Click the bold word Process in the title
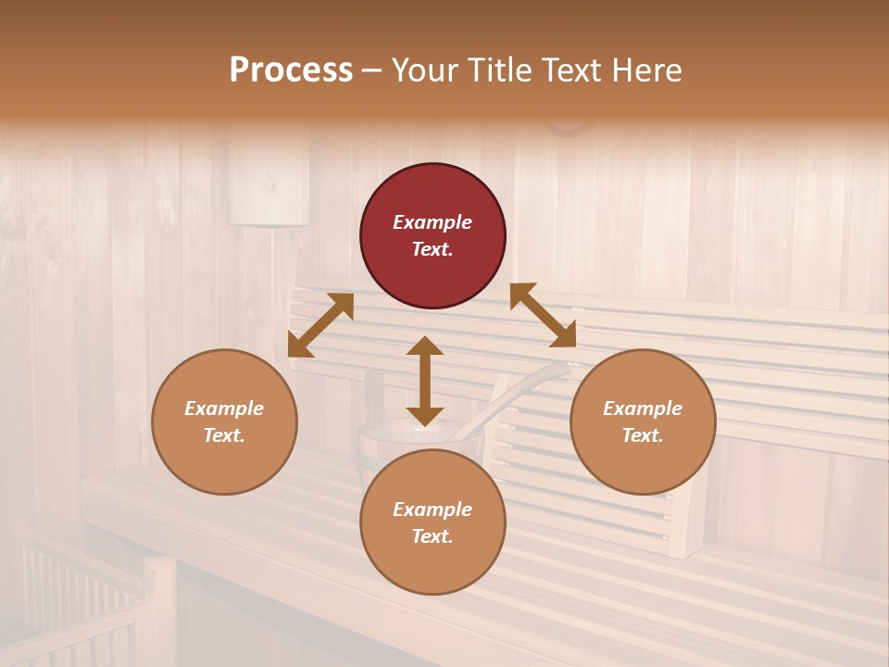pos(291,70)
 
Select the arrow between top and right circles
pos(543,315)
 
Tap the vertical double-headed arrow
pos(425,381)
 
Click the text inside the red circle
pos(432,235)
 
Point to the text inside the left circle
pos(224,422)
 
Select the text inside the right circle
pos(643,422)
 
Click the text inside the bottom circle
pos(432,522)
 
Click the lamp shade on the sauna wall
pos(269,185)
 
